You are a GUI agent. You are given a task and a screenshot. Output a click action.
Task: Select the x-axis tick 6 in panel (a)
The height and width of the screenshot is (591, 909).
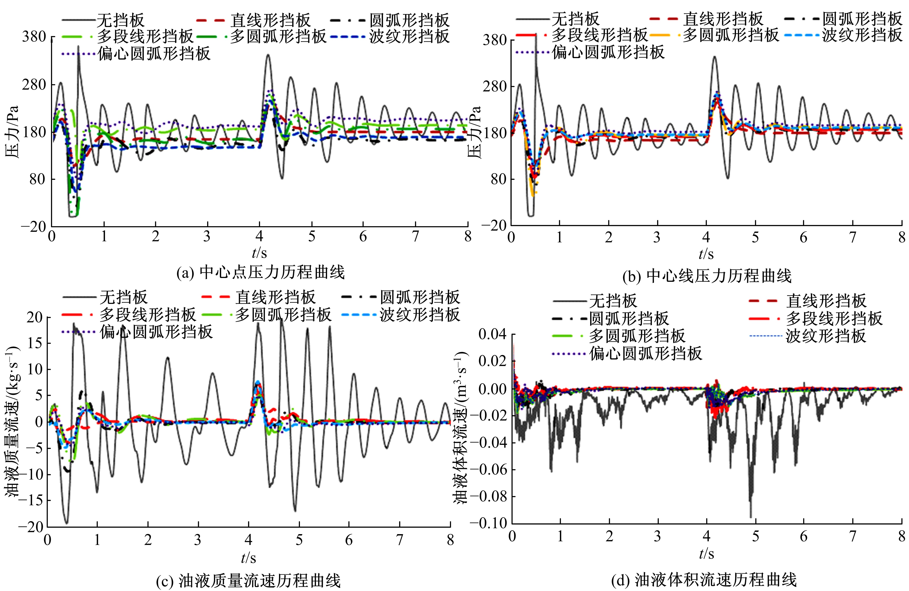363,237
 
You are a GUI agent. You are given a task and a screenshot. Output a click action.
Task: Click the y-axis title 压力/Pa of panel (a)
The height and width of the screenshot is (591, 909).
12,132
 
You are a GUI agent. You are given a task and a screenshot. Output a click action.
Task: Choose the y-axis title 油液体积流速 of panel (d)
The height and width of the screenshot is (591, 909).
461,428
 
